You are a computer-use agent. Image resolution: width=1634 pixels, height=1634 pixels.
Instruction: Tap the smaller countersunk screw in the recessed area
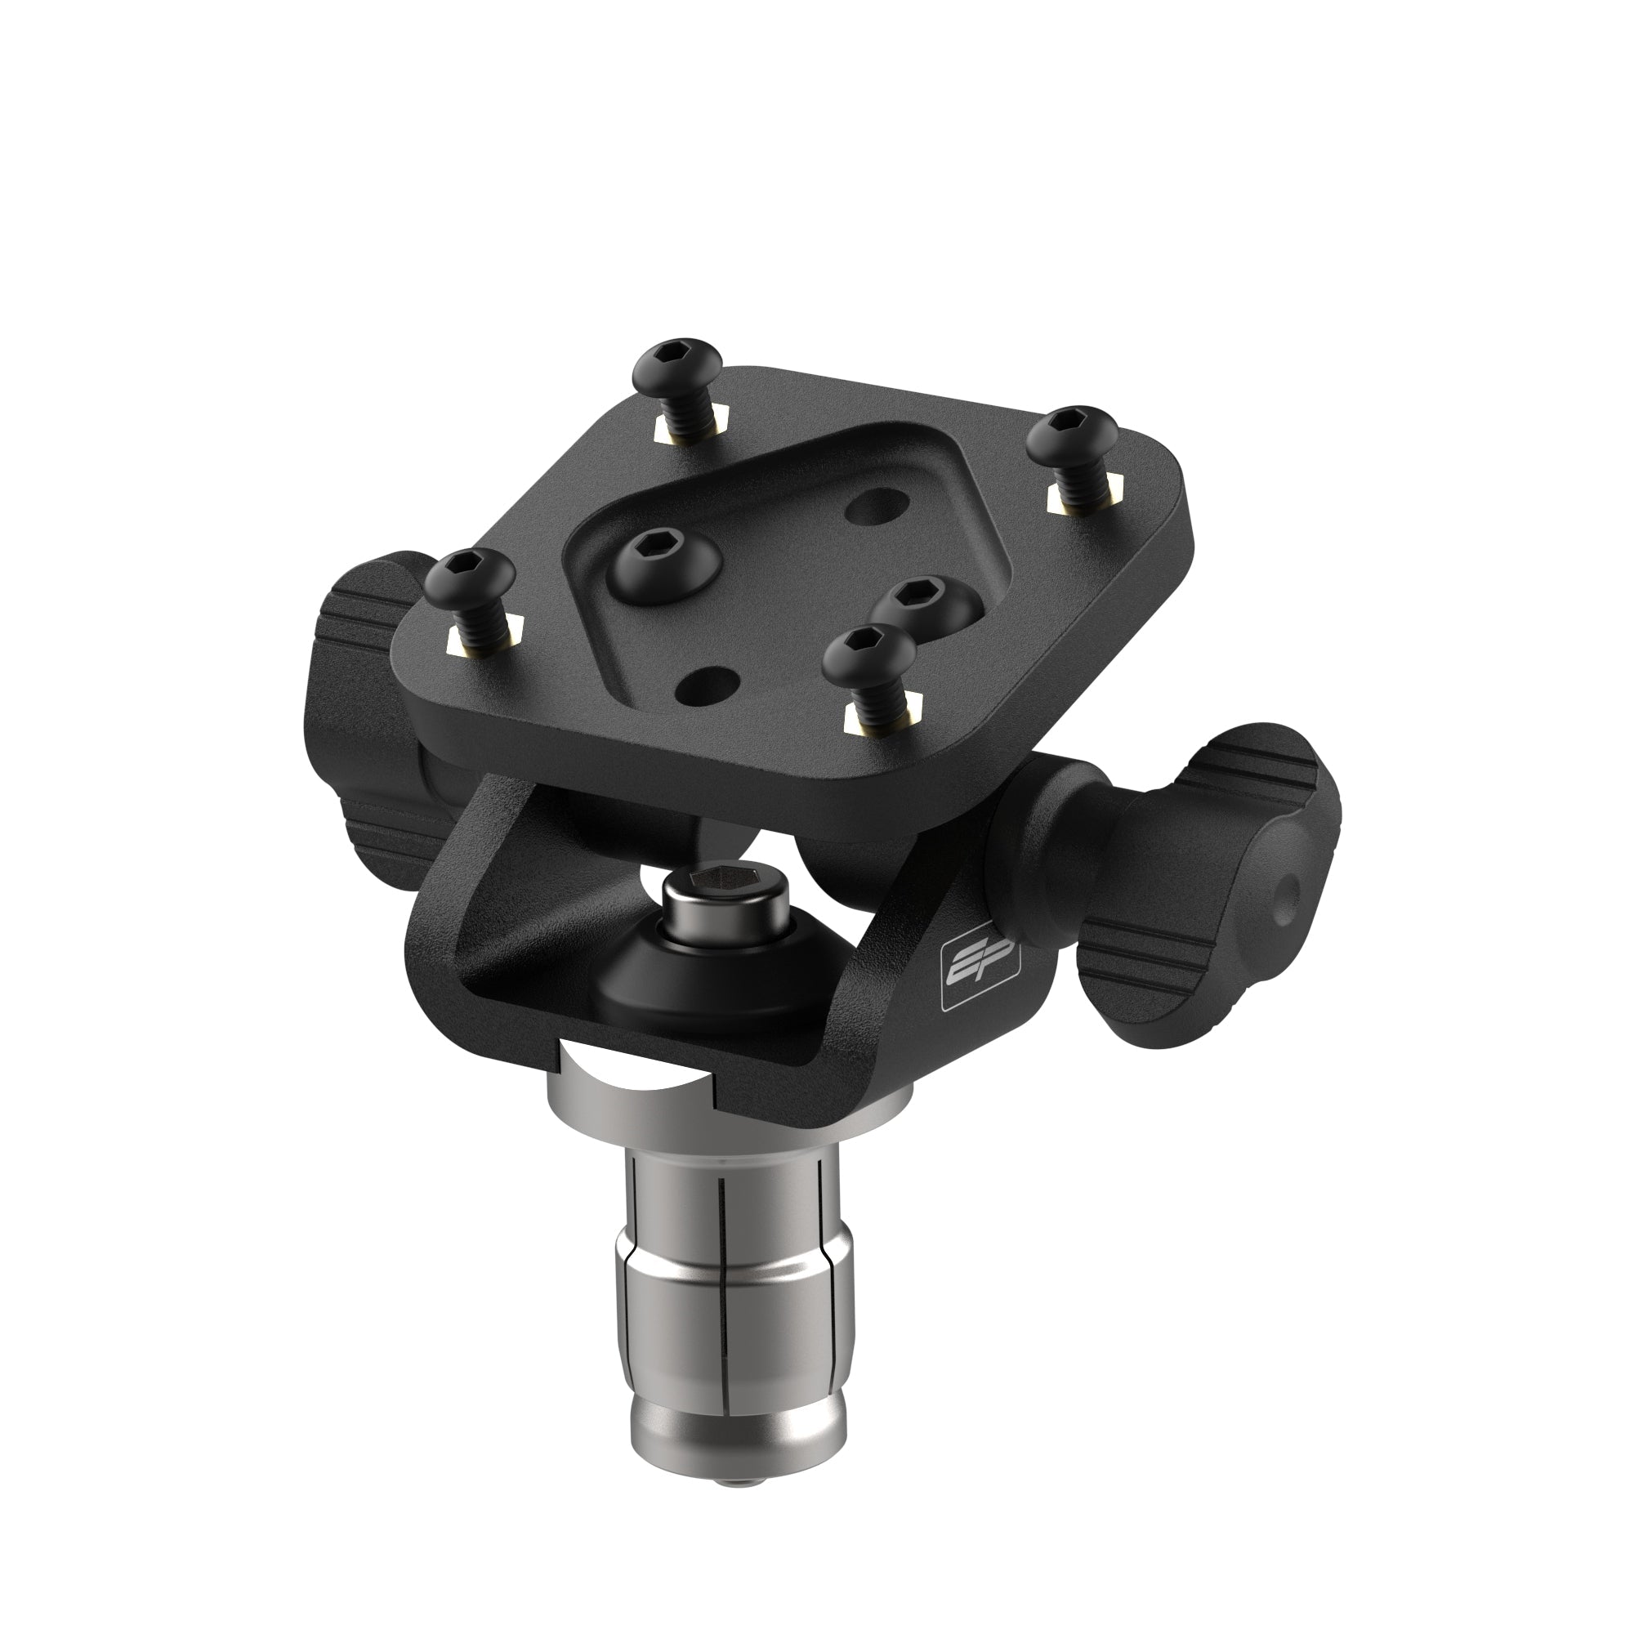pyautogui.click(x=922, y=601)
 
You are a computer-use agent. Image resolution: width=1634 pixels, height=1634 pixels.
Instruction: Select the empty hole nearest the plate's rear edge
pyautogui.click(x=873, y=508)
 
